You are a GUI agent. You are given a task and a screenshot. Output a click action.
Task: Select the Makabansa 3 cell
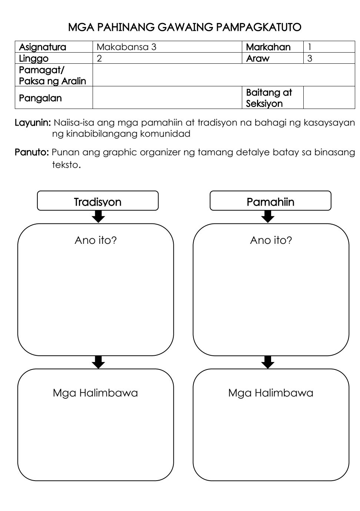126,47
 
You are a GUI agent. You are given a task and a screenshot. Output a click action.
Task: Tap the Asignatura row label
43,47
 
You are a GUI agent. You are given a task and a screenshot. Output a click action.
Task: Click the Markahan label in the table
268,47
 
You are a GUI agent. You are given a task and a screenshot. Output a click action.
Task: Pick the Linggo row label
34,59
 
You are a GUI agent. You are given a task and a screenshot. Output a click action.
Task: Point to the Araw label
258,59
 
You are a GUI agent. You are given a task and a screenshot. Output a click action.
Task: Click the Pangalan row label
40,98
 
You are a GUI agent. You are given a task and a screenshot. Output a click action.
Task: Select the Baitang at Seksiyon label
269,98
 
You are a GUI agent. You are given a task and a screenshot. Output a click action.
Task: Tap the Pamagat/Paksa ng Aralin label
52,75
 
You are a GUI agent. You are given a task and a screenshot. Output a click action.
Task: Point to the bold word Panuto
32,152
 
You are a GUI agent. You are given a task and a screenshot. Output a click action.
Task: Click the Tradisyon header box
98,202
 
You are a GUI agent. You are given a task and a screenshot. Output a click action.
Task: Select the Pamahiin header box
270,202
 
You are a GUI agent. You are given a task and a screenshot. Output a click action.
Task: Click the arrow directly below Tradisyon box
98,217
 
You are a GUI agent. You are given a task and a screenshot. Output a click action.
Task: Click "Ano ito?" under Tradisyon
96,240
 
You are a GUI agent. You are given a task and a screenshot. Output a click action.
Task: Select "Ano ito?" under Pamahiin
271,240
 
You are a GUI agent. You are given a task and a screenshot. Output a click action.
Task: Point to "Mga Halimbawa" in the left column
95,393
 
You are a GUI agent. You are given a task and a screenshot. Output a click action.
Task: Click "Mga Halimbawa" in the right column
271,393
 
